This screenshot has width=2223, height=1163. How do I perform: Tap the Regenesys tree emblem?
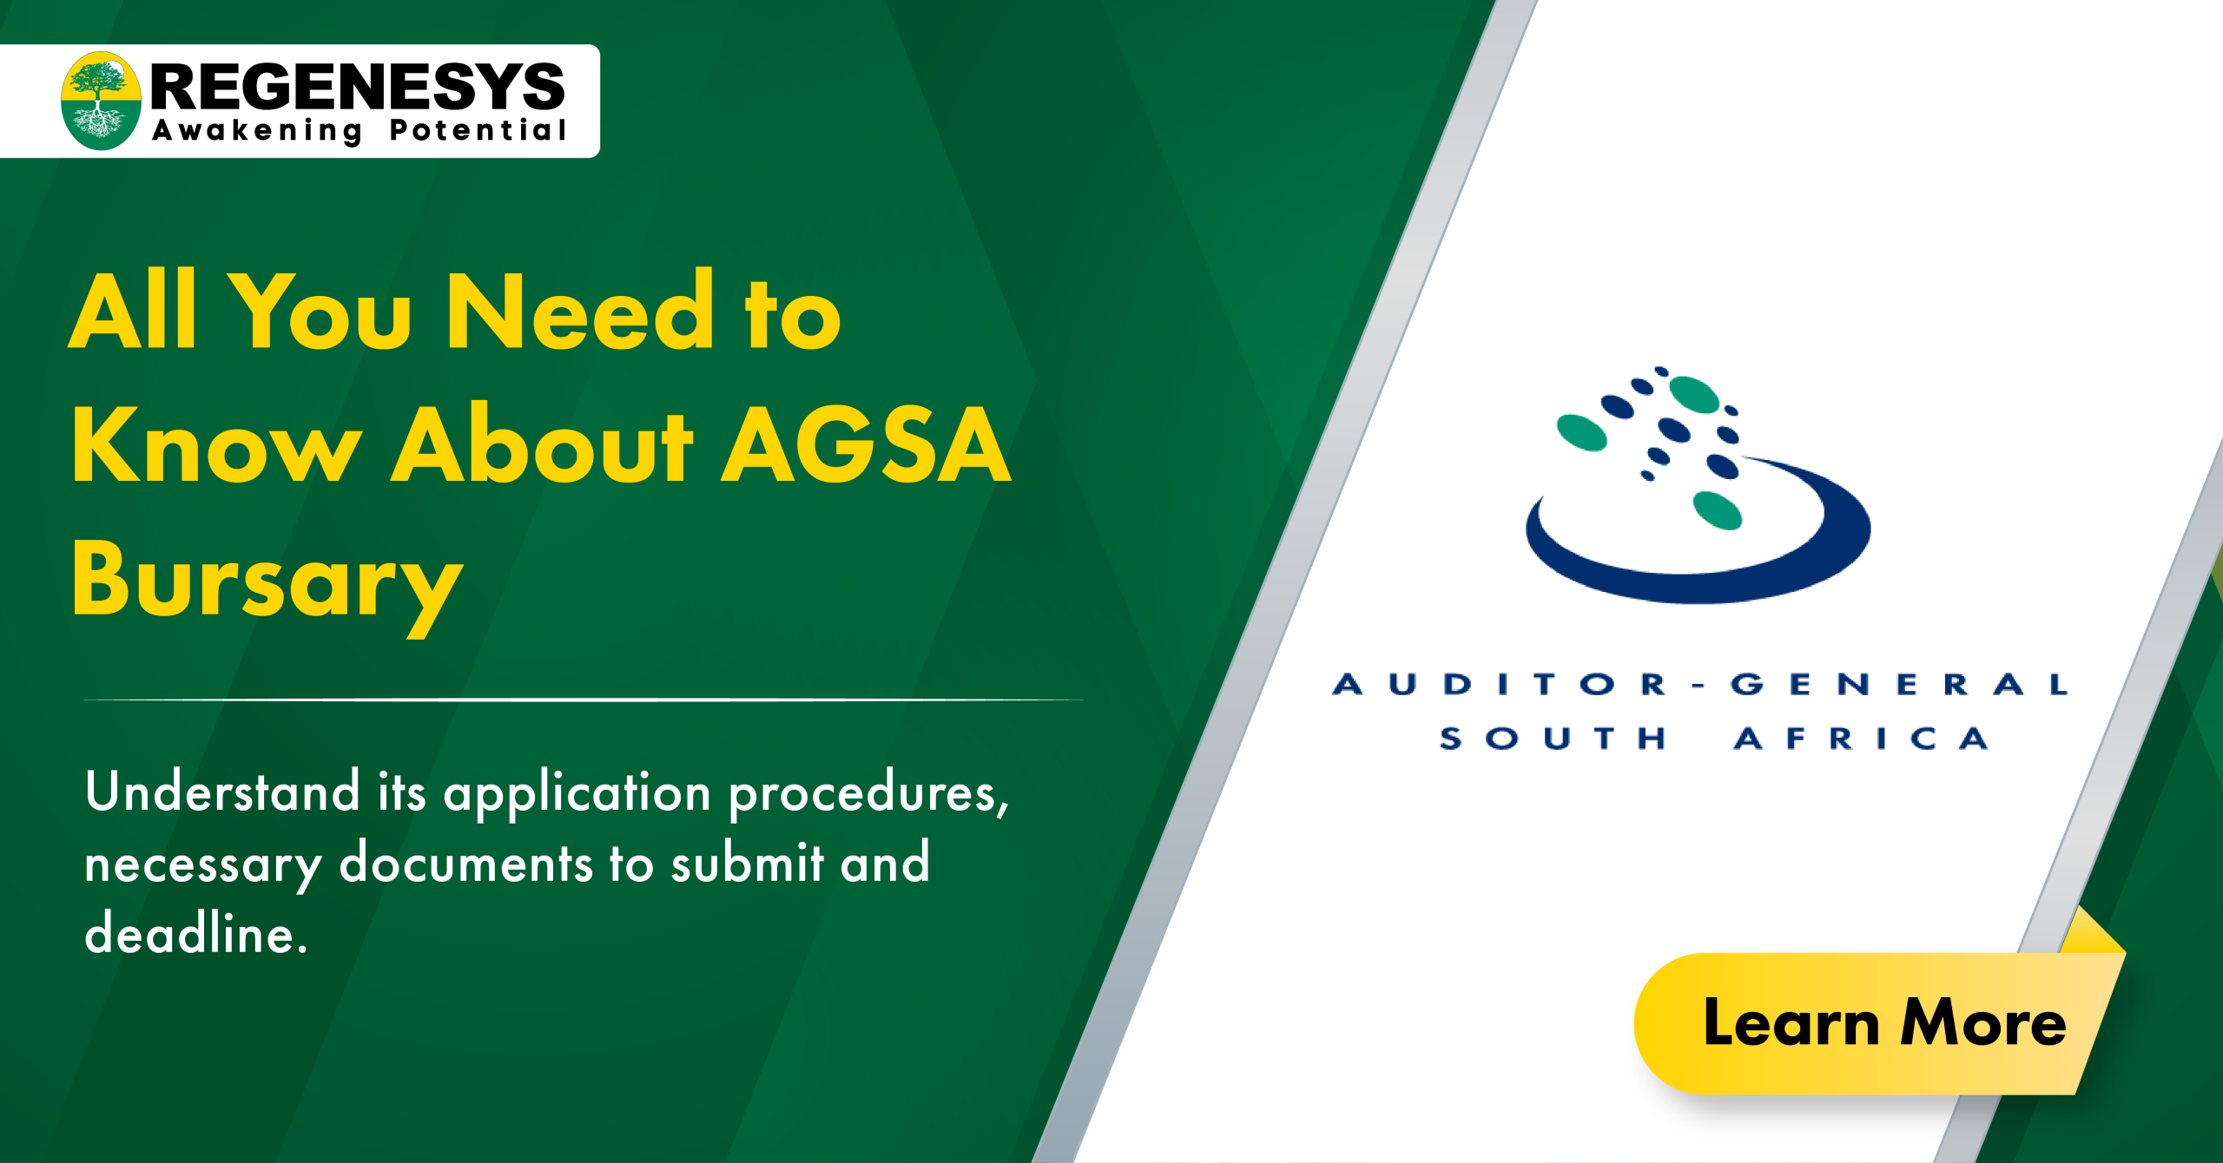point(101,101)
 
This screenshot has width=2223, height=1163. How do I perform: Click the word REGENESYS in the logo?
point(358,87)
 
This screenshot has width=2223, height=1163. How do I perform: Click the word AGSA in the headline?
point(866,446)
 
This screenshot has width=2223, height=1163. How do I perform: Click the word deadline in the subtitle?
point(196,935)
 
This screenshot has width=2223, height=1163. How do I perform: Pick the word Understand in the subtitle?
point(222,792)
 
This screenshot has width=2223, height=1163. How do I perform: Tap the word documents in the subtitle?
point(465,864)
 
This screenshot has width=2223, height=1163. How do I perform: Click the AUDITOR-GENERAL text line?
point(1699,685)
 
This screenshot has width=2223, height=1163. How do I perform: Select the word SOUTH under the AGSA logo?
point(1553,739)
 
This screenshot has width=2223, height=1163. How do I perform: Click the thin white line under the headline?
point(582,700)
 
